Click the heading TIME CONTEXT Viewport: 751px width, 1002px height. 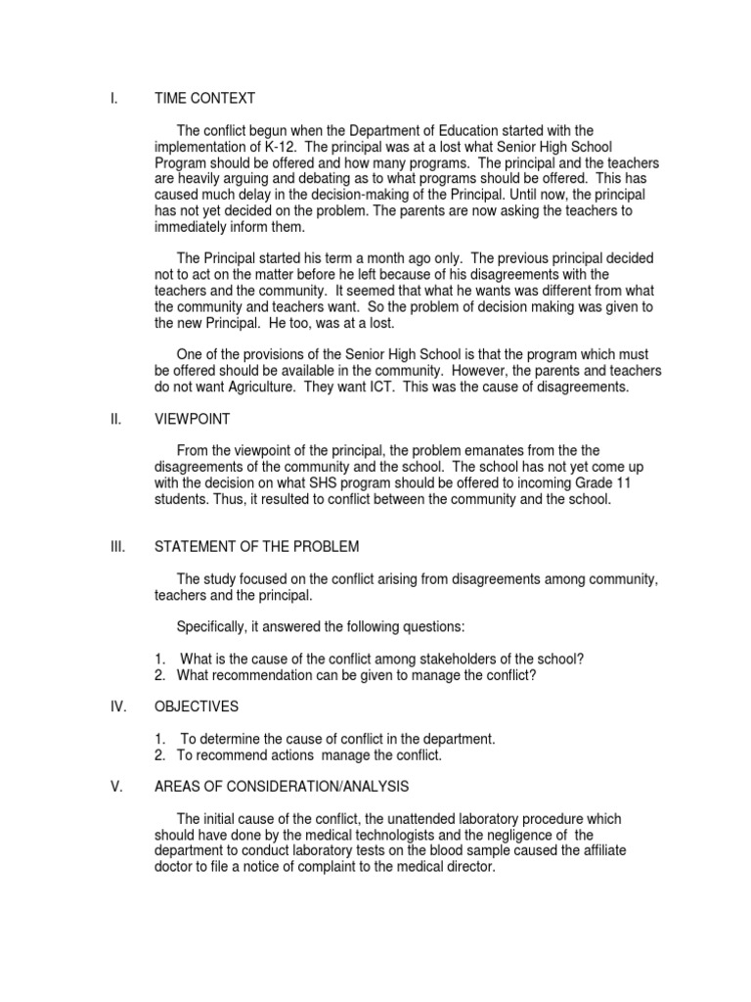tap(204, 98)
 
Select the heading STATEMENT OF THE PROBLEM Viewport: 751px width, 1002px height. tap(257, 546)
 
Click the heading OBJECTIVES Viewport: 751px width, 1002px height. tap(197, 706)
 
